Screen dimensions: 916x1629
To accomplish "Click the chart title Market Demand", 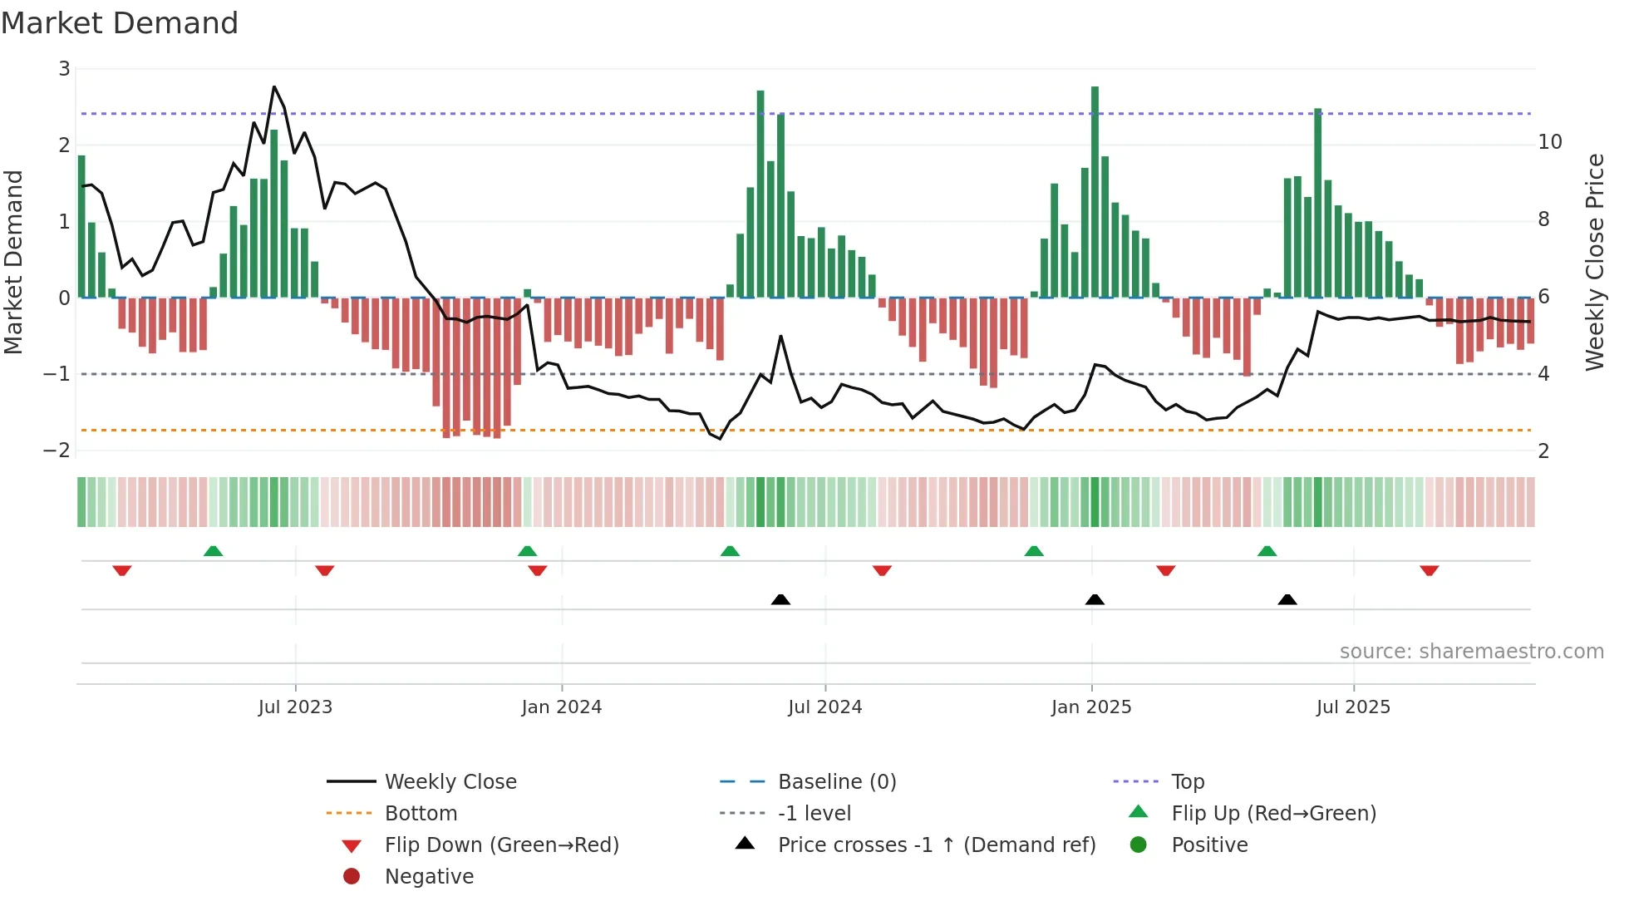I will coord(120,23).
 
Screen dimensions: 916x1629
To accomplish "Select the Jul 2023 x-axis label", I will coord(295,707).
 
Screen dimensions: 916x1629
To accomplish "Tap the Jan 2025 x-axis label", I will coord(1090,707).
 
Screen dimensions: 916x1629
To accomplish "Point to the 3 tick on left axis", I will coord(64,69).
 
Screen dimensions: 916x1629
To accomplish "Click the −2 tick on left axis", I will coord(57,451).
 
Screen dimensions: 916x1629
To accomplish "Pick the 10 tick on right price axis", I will coord(1549,142).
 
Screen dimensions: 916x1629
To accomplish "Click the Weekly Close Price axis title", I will coord(1594,262).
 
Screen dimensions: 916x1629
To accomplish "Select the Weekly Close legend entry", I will coord(450,782).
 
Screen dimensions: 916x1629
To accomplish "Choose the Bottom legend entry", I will coord(421,814).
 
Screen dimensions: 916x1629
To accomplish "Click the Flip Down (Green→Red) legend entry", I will coord(501,845).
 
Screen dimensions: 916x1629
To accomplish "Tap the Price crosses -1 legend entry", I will coord(936,845).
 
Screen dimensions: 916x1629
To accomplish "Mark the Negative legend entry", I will coord(429,877).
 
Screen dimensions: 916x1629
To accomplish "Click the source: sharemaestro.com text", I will coord(1471,652).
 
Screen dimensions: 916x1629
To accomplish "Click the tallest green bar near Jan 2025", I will coord(1095,191).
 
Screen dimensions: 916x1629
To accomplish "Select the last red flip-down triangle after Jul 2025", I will coord(1429,570).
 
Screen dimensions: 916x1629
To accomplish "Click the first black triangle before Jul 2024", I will coord(780,599).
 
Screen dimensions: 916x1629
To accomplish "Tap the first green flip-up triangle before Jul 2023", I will coord(213,551).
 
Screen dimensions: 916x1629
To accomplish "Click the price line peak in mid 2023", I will coord(274,87).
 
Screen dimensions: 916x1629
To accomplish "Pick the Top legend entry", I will coord(1187,782).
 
